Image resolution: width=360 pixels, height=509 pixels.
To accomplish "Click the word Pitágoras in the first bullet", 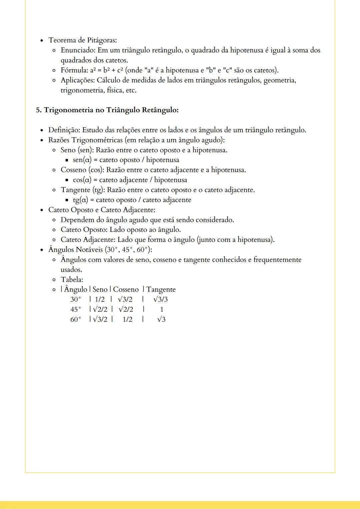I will click(102, 40).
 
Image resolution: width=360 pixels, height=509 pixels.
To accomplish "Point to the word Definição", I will click(64, 130).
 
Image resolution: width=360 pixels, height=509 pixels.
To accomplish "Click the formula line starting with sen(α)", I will click(126, 160).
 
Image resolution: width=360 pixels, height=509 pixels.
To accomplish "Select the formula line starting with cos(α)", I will click(130, 180).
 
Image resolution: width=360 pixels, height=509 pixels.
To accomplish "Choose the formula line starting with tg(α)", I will click(132, 200).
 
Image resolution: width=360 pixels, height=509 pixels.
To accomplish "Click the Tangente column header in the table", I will click(161, 289).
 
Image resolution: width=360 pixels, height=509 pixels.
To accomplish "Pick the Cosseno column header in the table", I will click(126, 289).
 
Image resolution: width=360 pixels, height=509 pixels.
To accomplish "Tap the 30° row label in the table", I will click(76, 299).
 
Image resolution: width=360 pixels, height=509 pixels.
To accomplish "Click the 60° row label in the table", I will click(76, 319).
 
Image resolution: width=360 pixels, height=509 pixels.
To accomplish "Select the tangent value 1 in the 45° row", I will click(162, 309).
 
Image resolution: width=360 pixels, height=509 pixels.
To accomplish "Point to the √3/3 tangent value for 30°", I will click(161, 299).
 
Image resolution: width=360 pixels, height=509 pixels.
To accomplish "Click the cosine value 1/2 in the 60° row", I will click(127, 319).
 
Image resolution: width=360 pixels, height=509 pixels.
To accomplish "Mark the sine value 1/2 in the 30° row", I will click(100, 299).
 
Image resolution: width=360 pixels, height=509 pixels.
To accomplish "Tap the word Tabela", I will click(72, 279).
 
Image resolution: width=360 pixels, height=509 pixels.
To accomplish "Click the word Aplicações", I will click(78, 80).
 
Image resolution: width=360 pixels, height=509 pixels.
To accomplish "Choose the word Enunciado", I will click(78, 50).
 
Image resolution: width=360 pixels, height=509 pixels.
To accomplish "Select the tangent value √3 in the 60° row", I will click(161, 319).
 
